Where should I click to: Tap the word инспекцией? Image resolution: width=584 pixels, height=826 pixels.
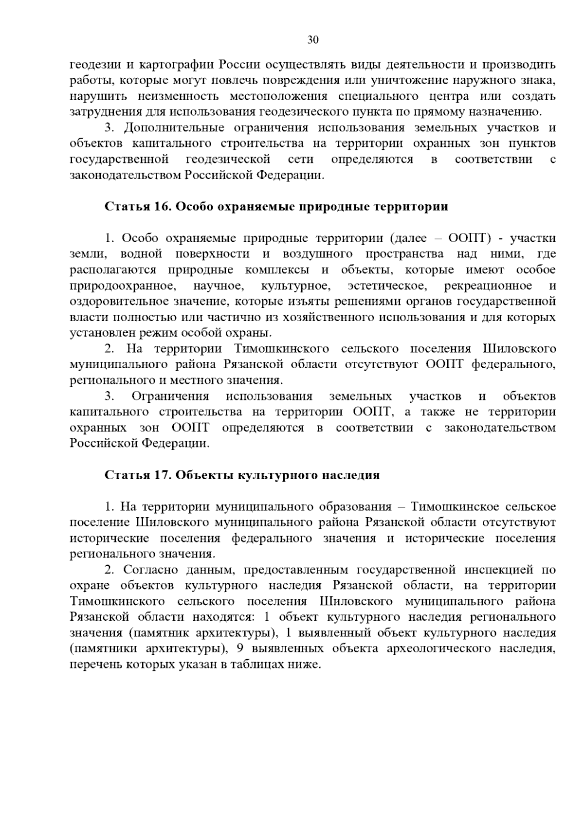(x=500, y=570)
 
